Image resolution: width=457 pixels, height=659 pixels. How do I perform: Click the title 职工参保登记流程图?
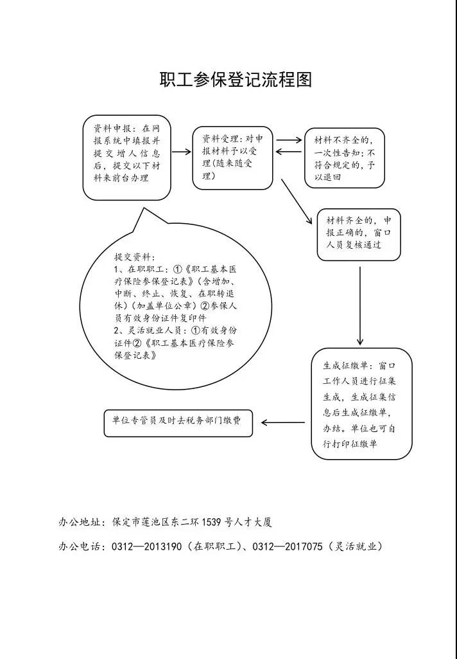pos(236,80)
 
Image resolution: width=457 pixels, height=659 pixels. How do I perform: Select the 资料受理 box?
pos(232,158)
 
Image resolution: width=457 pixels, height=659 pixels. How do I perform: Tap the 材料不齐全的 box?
pos(345,158)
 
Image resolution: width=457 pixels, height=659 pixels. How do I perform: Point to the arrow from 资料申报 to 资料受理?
pos(182,152)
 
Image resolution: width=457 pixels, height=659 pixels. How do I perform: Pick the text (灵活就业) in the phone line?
pos(355,546)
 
